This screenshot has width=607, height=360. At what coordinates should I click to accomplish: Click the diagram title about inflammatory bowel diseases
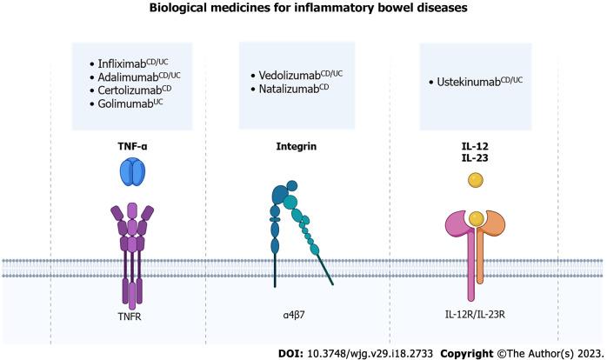(x=303, y=10)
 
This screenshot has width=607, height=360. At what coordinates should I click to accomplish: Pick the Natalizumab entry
(x=301, y=89)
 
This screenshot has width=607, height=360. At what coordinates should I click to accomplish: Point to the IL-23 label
(x=476, y=159)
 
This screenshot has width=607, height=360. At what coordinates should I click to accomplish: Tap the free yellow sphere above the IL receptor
(x=476, y=181)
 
